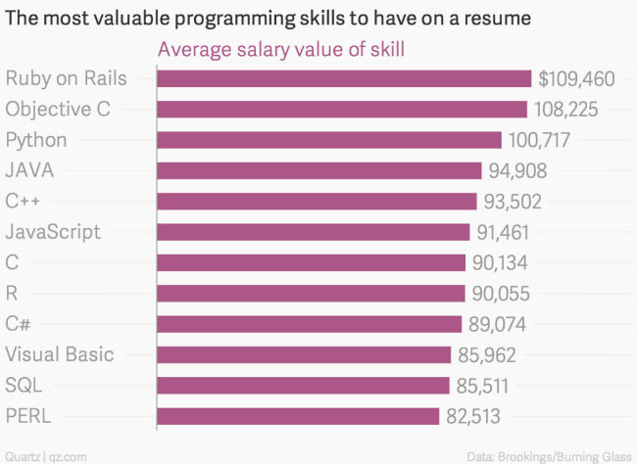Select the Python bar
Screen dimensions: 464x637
pos(329,140)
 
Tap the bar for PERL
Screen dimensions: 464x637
pos(298,416)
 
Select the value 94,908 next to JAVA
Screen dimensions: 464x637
pos(517,171)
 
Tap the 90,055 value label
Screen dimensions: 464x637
pos(503,294)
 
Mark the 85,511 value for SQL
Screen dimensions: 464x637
pos(487,386)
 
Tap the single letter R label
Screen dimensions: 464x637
pos(12,293)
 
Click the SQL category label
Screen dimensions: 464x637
pos(24,385)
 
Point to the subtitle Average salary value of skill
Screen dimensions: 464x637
pos(281,49)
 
